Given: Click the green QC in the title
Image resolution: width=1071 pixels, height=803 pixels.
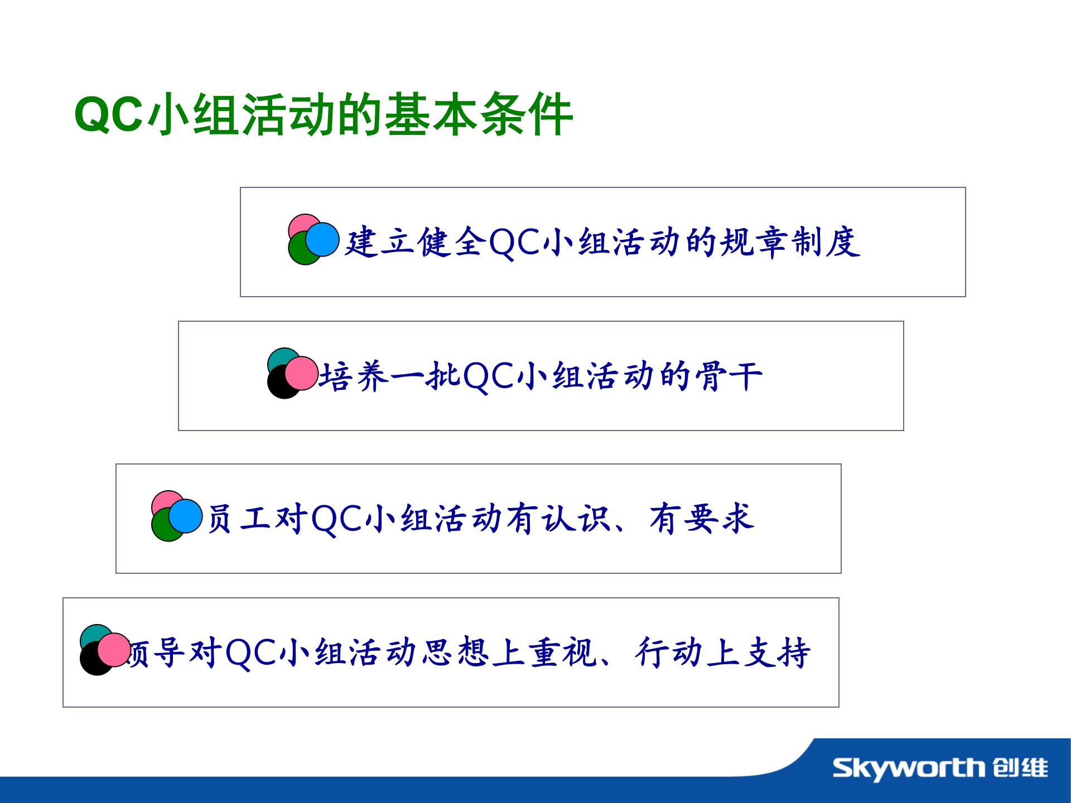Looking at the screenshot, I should point(108,115).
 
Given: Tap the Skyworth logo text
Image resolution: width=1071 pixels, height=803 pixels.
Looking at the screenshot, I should point(909,768).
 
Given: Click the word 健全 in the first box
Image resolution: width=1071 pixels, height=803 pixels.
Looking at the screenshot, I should point(452,243).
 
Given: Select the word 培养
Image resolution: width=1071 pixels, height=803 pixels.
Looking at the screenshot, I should point(354,376).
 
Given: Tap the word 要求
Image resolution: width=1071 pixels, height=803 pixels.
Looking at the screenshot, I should point(720,519).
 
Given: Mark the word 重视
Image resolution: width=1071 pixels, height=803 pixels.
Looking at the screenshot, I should point(563,652).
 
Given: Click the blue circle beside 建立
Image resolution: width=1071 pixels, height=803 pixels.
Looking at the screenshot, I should point(323,239).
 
